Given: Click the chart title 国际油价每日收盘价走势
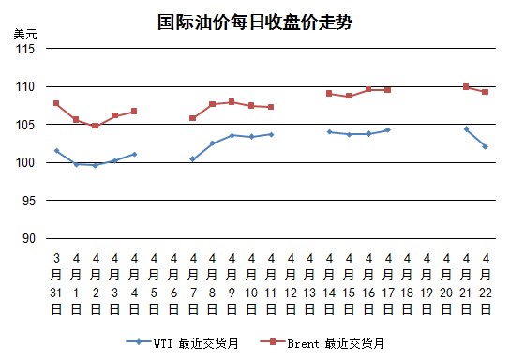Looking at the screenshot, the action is point(255,22).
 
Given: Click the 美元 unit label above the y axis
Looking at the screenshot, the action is point(25,34).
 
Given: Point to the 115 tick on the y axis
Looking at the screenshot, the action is point(25,49).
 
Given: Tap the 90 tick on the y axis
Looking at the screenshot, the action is point(29,239).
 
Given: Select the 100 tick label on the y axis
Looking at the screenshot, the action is point(25,162).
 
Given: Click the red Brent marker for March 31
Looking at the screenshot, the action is point(56,103).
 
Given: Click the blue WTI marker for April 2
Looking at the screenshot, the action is point(96,165).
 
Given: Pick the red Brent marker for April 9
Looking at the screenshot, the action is point(232,102).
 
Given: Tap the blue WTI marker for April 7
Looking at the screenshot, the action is point(192,159).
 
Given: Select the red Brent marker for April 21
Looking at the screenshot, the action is point(466,86).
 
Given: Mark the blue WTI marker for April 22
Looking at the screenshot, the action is point(486,146).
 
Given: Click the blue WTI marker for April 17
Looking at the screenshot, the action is point(387,130).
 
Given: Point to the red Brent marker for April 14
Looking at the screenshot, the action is point(329,94).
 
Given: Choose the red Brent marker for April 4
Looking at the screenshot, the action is point(134,112).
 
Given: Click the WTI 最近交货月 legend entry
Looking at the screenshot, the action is point(183,343).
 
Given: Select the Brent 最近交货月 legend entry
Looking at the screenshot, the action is point(322,343).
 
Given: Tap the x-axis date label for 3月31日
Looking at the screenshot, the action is point(56,284).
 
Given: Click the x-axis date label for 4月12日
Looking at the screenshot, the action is point(291,284).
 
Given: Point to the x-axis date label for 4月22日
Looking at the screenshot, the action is point(486,284).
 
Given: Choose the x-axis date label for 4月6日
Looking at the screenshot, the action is point(173,284).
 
